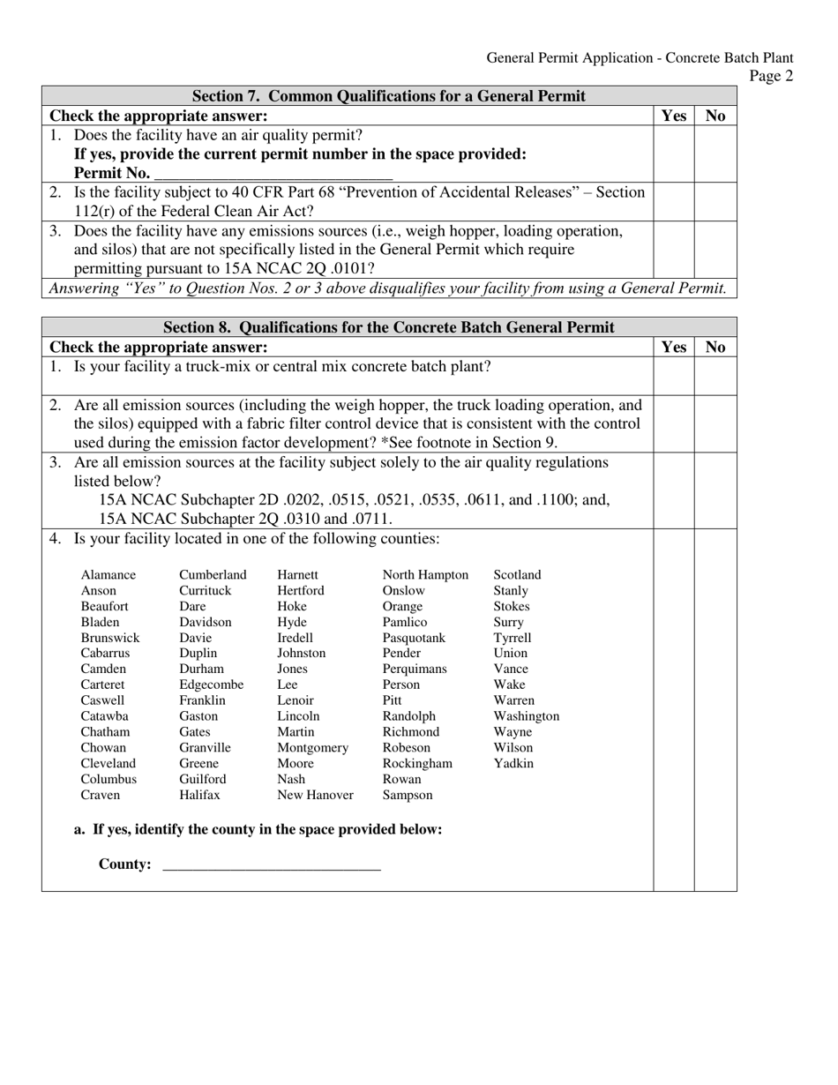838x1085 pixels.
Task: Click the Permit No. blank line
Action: click(x=273, y=174)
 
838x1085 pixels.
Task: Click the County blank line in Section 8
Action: click(x=272, y=864)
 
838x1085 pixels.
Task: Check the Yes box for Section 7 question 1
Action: click(x=673, y=153)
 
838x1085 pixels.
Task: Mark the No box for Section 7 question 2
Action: click(x=715, y=201)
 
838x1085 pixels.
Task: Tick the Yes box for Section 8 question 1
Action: click(x=673, y=376)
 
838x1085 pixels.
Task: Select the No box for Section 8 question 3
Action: click(x=715, y=490)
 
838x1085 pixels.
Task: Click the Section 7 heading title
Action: click(x=389, y=96)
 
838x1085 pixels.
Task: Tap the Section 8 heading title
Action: click(x=389, y=328)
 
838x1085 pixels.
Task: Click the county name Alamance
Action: click(x=108, y=575)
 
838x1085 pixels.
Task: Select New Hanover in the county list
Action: click(x=315, y=796)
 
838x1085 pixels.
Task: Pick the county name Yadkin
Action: click(x=513, y=764)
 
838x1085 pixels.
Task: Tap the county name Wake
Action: click(x=509, y=685)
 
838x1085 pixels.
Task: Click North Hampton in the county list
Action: click(x=425, y=575)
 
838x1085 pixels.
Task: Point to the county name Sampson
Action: click(x=408, y=796)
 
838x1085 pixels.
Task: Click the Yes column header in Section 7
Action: click(x=673, y=116)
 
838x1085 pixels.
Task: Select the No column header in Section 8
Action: click(x=715, y=348)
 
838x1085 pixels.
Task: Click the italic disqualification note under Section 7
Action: click(x=388, y=288)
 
